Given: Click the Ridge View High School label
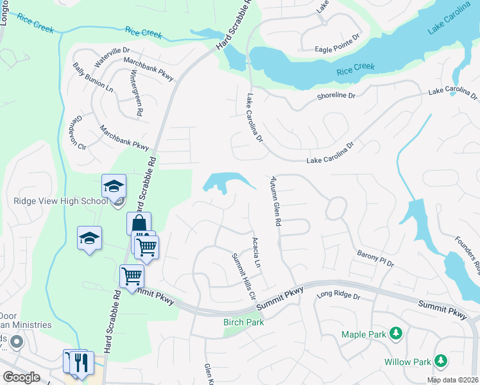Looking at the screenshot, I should pyautogui.click(x=60, y=201).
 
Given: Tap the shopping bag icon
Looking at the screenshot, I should pyautogui.click(x=139, y=224).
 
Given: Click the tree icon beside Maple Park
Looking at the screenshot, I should pyautogui.click(x=397, y=334).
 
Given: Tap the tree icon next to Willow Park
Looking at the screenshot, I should pyautogui.click(x=441, y=361).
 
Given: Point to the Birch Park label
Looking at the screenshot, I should pyautogui.click(x=243, y=322).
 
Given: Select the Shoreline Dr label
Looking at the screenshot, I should pyautogui.click(x=336, y=96).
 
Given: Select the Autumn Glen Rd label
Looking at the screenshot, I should pyautogui.click(x=276, y=201).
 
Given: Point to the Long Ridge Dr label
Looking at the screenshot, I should pyautogui.click(x=339, y=296).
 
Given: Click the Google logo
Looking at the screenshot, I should pyautogui.click(x=22, y=377).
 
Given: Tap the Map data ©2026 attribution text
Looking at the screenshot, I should pyautogui.click(x=452, y=380).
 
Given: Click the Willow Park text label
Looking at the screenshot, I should pyautogui.click(x=407, y=362).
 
